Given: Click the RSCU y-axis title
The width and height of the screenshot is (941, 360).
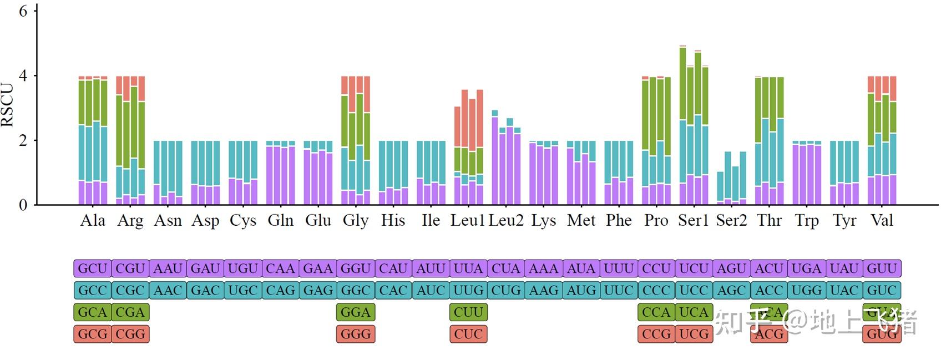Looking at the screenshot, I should tap(8, 105).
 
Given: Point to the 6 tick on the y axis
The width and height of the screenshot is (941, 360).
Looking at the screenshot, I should tap(23, 11).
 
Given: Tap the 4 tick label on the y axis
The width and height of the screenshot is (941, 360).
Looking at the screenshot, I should tap(23, 75).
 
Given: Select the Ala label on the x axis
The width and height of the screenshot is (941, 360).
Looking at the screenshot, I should tap(92, 221).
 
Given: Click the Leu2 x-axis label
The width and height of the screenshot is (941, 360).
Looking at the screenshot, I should tap(505, 221).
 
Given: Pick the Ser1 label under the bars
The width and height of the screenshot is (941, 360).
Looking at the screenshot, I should tap(694, 221).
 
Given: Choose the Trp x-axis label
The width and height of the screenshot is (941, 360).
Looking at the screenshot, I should tap(806, 221).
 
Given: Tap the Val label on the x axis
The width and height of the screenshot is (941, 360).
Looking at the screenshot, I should tap(882, 221).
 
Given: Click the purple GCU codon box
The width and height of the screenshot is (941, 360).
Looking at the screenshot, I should tap(93, 268).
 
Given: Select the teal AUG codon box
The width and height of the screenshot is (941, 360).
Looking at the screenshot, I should tap(581, 291).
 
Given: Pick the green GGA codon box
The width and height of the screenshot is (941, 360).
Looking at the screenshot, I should tap(356, 312).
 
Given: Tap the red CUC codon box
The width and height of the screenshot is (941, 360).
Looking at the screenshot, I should tap(468, 334).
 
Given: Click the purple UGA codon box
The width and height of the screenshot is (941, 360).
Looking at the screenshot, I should tap(806, 268).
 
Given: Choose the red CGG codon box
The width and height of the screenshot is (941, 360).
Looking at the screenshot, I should tap(130, 334).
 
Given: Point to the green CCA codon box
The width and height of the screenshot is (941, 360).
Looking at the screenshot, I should tap(656, 312).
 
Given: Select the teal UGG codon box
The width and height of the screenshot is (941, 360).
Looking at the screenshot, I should tap(806, 291).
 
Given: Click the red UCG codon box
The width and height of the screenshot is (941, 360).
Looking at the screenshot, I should tap(694, 334).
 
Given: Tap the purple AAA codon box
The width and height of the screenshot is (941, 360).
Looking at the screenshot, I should tap(543, 268).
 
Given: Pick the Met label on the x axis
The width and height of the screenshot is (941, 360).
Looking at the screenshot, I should tap(581, 221).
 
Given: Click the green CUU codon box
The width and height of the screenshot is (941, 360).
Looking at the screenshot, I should tap(468, 312).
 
